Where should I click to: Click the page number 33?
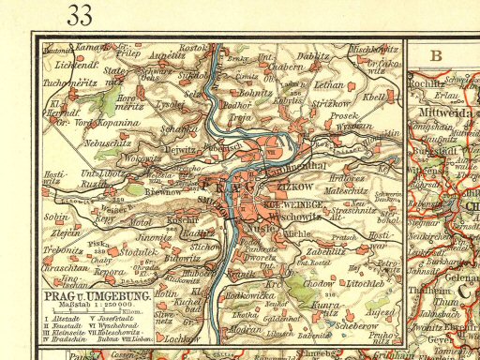(x=80, y=15)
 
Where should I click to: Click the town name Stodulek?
(x=141, y=250)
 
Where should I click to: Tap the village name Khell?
(x=374, y=97)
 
